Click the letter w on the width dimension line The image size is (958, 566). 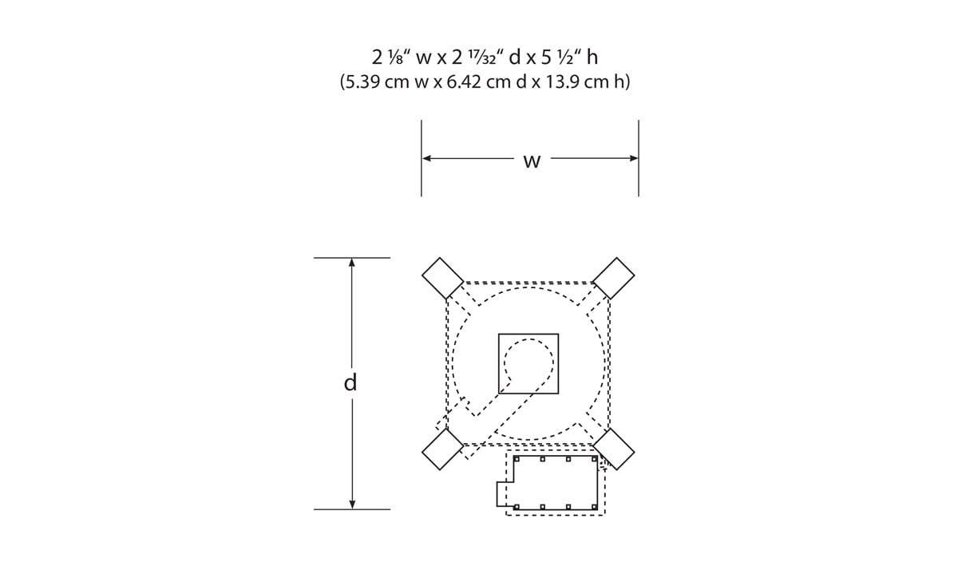point(532,161)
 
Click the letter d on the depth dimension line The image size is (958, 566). point(350,382)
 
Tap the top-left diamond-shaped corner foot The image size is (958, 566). point(442,278)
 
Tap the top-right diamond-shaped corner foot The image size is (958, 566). point(614,278)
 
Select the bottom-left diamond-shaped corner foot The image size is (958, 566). point(442,449)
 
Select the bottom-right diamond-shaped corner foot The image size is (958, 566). point(614,449)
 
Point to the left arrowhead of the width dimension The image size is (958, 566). point(426,158)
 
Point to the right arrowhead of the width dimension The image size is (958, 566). point(634,158)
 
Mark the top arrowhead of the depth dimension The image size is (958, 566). point(352,263)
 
